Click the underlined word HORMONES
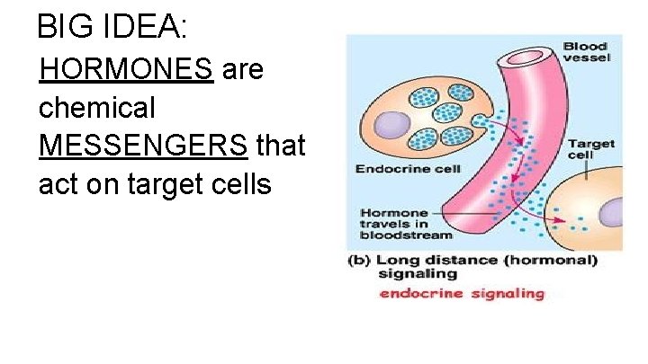126,69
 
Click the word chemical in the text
97,108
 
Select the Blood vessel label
585,52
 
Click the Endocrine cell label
409,169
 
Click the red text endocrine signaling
462,293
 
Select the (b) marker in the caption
357,261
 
